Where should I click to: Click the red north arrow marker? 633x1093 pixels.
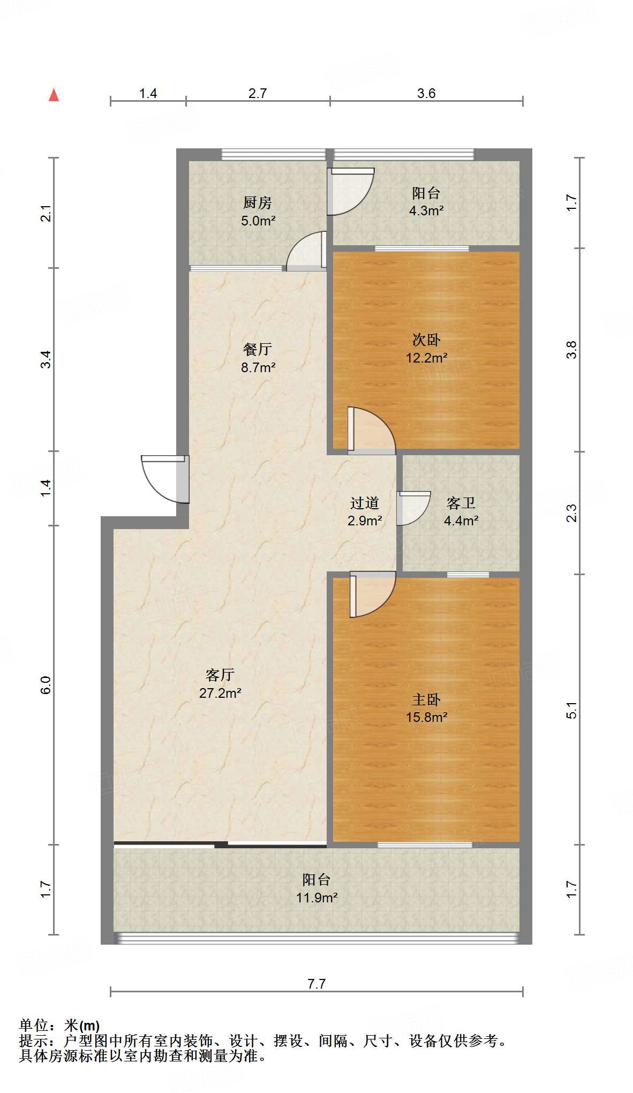click(x=54, y=95)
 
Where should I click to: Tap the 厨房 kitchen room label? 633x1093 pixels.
click(x=258, y=203)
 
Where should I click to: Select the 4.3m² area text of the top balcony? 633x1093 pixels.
click(x=426, y=211)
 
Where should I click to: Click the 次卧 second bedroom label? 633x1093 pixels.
click(x=426, y=340)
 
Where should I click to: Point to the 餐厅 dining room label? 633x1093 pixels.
click(x=258, y=349)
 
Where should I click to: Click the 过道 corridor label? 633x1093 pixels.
click(x=365, y=503)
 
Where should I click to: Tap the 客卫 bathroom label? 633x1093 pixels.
click(x=461, y=503)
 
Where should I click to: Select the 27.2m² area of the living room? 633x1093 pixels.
click(x=220, y=693)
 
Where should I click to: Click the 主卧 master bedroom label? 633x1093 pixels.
click(x=426, y=699)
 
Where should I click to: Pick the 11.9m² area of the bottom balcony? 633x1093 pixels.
click(x=316, y=898)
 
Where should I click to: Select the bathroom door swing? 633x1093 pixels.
click(x=412, y=508)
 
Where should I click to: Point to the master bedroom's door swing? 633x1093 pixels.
click(x=373, y=593)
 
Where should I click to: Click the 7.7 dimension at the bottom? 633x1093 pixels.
click(x=316, y=984)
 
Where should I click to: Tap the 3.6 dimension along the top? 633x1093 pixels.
click(x=426, y=94)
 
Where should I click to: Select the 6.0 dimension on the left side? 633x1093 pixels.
click(x=46, y=685)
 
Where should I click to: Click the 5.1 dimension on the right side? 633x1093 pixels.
click(x=572, y=710)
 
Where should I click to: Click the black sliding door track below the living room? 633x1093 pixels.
click(x=220, y=845)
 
